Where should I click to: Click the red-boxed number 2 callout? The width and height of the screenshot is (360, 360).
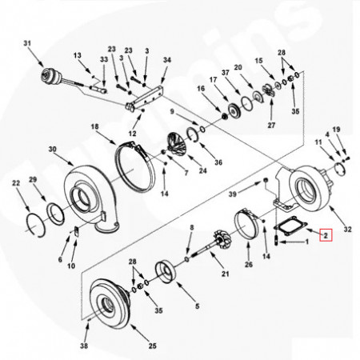(325, 235)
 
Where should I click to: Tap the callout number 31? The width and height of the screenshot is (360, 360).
(27, 42)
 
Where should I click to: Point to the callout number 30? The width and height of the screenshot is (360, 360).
(53, 150)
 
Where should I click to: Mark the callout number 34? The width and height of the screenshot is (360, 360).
(166, 60)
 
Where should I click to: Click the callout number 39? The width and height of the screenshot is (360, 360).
(233, 194)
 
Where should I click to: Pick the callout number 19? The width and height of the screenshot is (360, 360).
(337, 130)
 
